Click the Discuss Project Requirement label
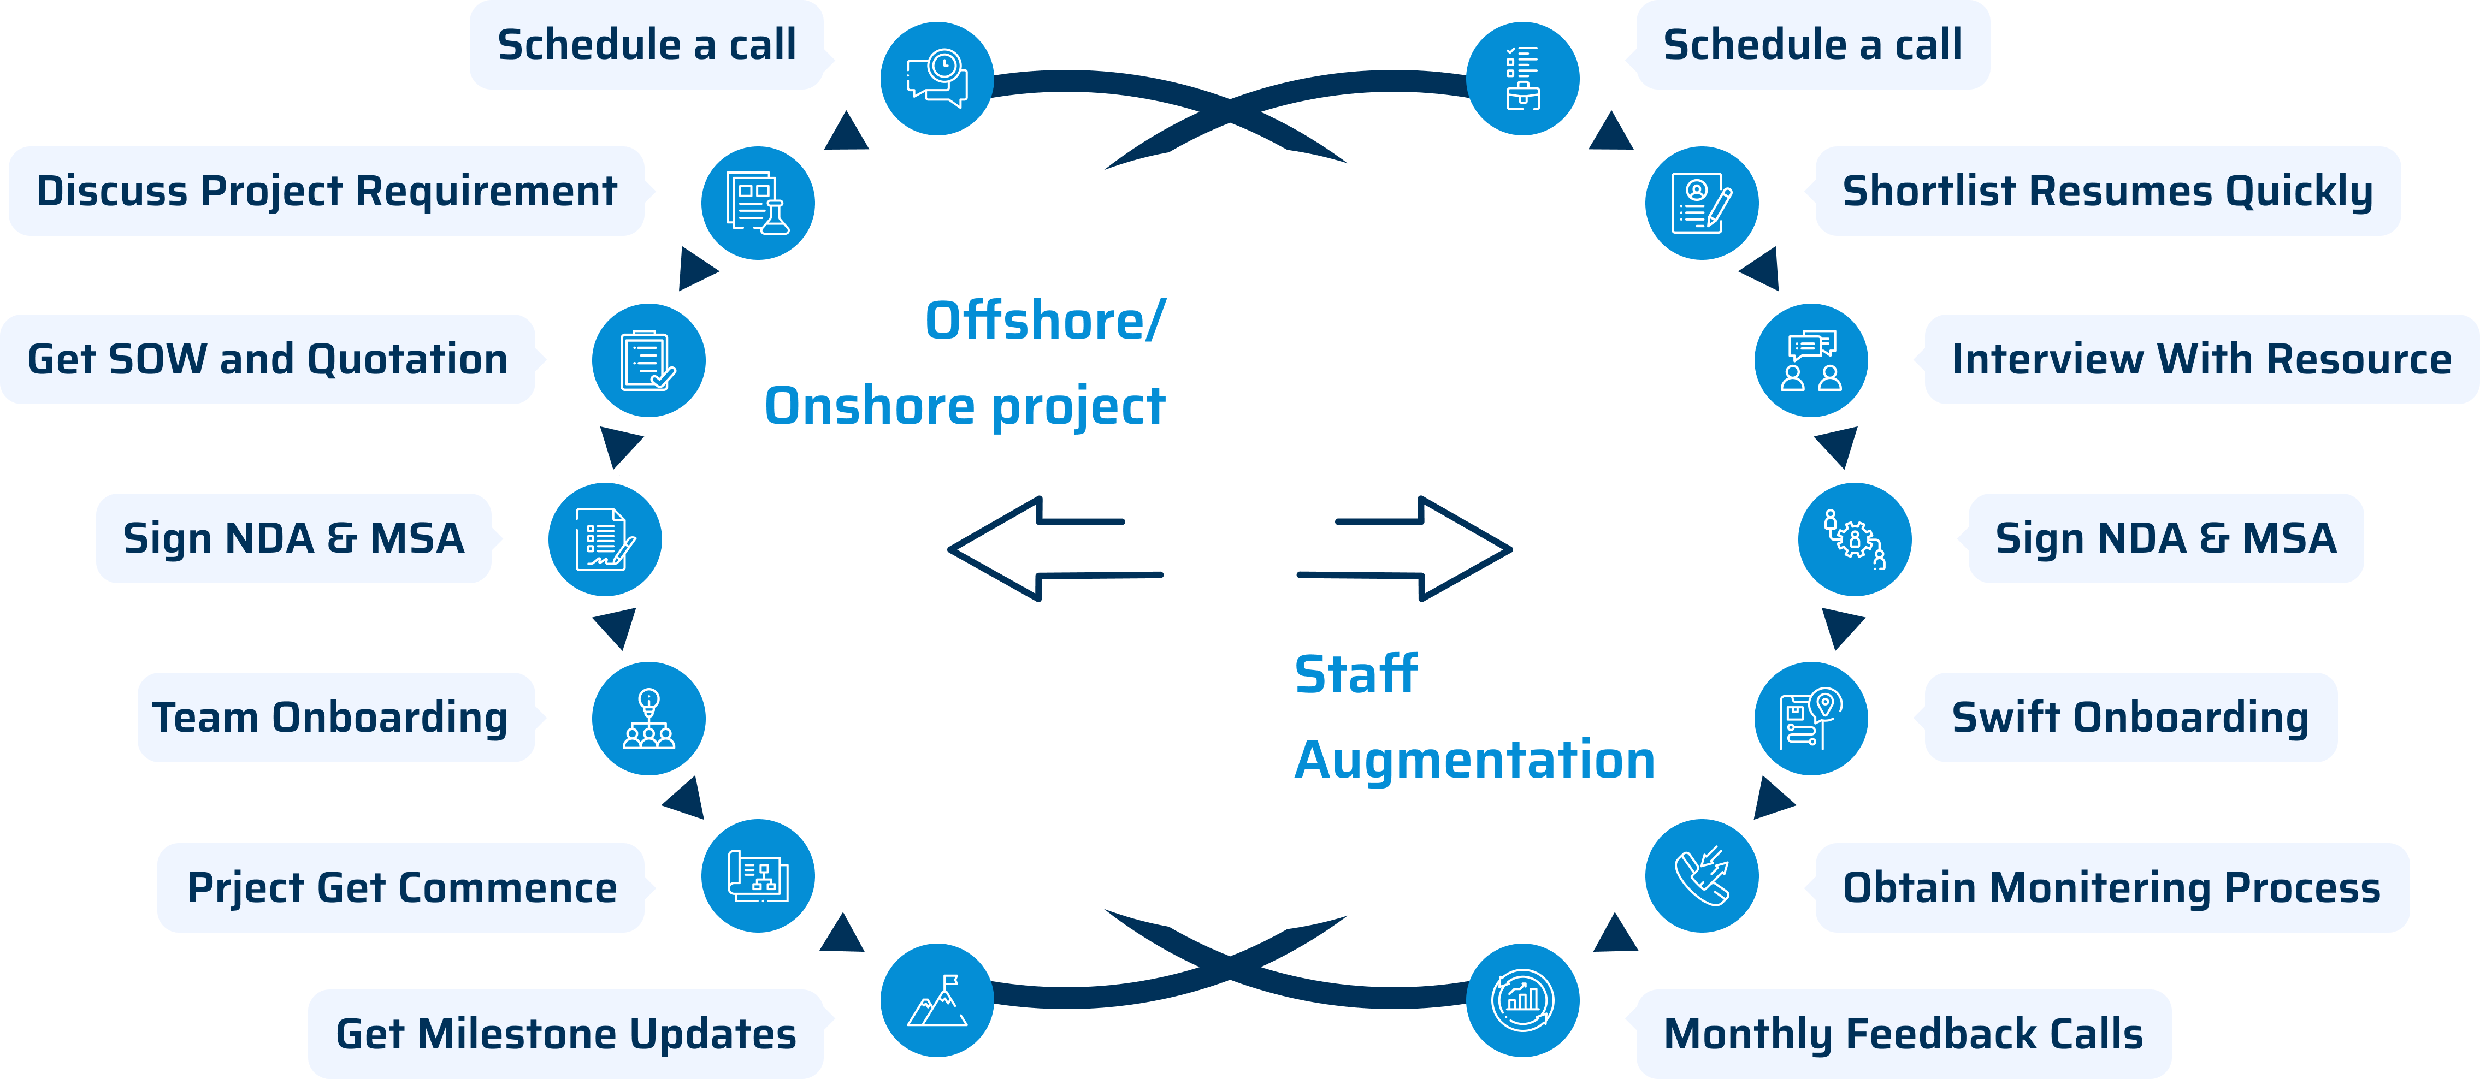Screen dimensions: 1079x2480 click(326, 191)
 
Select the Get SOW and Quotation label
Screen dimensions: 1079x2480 click(268, 359)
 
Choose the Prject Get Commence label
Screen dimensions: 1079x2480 click(401, 887)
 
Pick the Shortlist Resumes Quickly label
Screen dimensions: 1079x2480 click(2106, 191)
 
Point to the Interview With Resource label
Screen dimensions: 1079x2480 click(2201, 359)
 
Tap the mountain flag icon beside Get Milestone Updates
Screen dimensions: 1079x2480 click(937, 1000)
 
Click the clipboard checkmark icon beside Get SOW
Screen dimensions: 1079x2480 click(648, 360)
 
